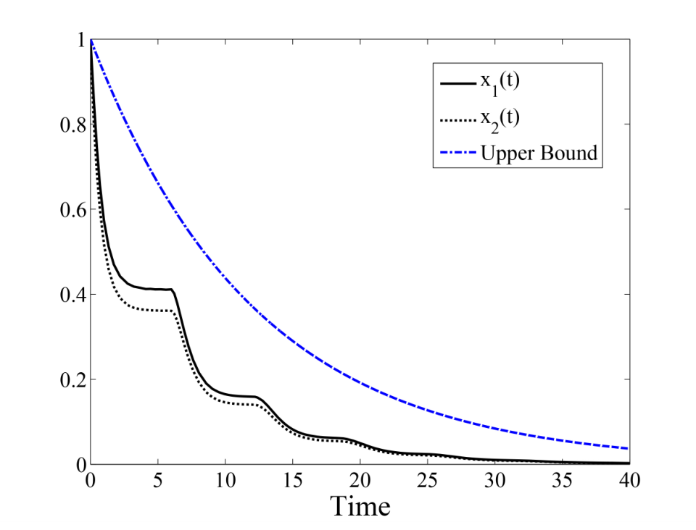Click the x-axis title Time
(360, 506)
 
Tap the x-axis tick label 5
(158, 480)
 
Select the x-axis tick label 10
(225, 480)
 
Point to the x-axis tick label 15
(293, 480)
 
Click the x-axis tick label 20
(360, 480)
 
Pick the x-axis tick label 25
(428, 480)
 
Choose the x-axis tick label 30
(495, 480)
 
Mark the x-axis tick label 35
(563, 480)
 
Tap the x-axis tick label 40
(630, 480)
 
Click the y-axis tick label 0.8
(72, 125)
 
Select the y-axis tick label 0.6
(72, 209)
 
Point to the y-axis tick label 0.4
(72, 295)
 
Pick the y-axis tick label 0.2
(72, 380)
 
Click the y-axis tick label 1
(81, 40)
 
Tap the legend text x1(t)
(500, 83)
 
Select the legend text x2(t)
(500, 120)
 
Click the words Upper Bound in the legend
(539, 153)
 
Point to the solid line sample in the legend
(458, 83)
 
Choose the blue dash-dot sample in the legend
(458, 153)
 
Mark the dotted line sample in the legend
(458, 119)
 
